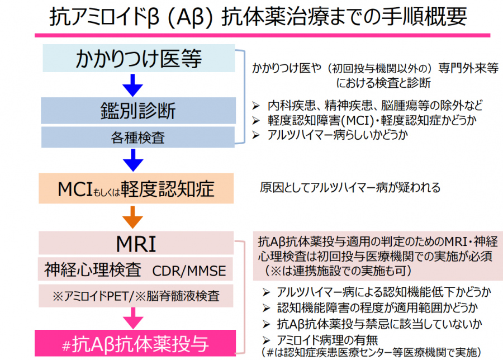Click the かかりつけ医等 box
tap(139, 59)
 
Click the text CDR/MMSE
tap(189, 271)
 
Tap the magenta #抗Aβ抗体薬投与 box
tap(137, 342)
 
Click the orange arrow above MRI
tap(133, 216)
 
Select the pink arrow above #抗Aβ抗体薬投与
tap(133, 319)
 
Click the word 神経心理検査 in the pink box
tap(93, 271)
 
